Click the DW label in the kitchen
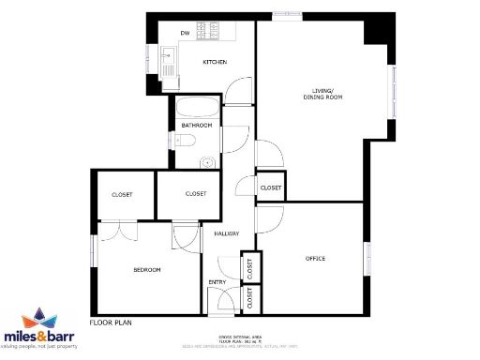(186, 35)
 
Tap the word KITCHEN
(216, 62)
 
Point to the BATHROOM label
(197, 125)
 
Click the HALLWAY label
(227, 233)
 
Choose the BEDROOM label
(146, 270)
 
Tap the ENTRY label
(217, 282)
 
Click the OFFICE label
(316, 258)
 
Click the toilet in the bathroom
(186, 142)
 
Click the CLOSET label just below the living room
(270, 187)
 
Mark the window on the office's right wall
(368, 259)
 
